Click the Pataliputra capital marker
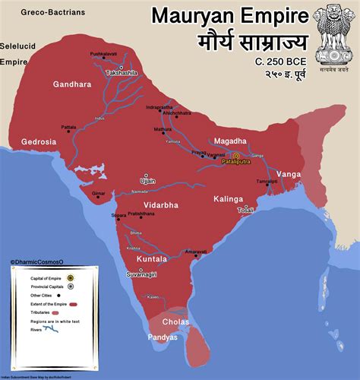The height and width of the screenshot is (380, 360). click(x=235, y=155)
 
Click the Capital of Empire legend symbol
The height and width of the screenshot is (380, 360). click(x=69, y=279)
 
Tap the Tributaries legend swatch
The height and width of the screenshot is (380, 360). click(x=69, y=312)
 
